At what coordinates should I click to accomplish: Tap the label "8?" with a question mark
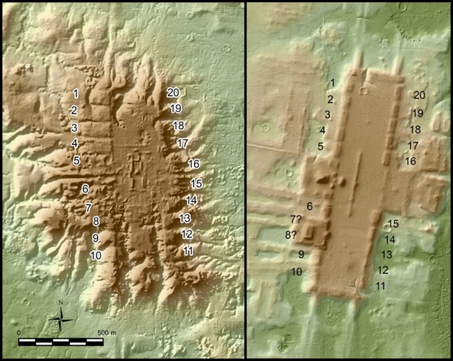pos(292,235)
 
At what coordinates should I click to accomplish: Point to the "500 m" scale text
pos(108,333)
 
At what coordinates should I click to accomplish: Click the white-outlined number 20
pos(174,92)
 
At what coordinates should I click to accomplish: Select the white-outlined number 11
pos(188,251)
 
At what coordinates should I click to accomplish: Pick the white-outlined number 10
pos(96,255)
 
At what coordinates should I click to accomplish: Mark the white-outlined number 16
pos(194,164)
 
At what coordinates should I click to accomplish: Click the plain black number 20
pos(419,95)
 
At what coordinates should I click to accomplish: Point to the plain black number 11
pos(381,286)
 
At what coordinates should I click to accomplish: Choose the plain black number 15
pos(393,224)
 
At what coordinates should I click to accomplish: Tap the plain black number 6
pos(309,206)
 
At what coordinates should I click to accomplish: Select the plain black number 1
pos(333,83)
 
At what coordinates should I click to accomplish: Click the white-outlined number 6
pos(85,189)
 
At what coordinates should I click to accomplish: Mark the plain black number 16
pos(410,161)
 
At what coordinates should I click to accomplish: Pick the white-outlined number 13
pos(185,218)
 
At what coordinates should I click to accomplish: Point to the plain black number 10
pos(297,272)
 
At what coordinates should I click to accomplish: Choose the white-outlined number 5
pos(77,160)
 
